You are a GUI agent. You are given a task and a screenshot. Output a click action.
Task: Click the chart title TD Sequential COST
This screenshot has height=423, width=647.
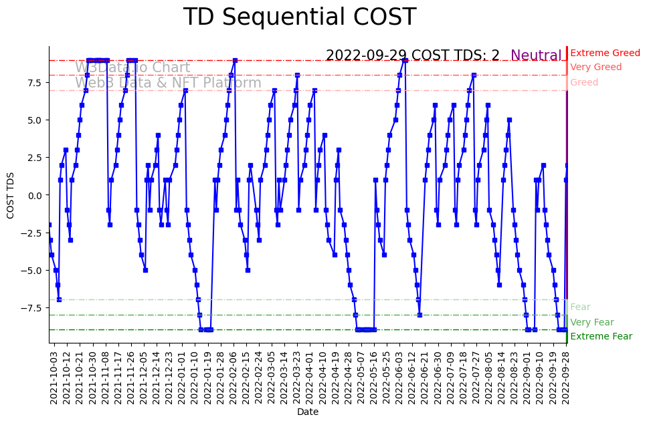click(299, 18)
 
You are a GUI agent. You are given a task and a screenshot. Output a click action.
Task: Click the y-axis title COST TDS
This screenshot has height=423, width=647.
click(10, 194)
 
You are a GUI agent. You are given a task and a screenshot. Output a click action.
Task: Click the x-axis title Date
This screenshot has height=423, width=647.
click(307, 412)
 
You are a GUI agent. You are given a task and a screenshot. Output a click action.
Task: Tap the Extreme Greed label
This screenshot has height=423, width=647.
click(605, 53)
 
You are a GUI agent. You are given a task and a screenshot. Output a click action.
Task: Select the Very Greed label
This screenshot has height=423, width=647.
click(595, 67)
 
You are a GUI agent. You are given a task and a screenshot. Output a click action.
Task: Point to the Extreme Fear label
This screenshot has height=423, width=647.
click(601, 337)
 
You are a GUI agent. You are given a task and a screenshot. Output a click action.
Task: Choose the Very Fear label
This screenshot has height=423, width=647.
click(591, 322)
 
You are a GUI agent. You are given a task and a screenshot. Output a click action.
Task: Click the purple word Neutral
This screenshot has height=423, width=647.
click(536, 56)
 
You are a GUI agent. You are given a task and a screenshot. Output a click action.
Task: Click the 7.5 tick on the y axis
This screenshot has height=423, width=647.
click(33, 83)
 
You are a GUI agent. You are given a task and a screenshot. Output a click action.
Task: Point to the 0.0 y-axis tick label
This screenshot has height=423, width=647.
click(33, 195)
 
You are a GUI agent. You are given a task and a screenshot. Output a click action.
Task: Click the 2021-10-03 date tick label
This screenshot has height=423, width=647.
click(54, 377)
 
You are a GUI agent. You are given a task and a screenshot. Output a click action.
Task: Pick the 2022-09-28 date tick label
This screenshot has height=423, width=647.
click(567, 377)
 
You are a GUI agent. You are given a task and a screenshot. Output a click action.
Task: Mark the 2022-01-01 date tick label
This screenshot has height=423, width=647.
click(182, 377)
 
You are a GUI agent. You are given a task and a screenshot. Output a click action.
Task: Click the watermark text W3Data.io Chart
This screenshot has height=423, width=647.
click(132, 68)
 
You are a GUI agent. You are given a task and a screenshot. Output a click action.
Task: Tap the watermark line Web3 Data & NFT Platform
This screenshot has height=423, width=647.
click(168, 83)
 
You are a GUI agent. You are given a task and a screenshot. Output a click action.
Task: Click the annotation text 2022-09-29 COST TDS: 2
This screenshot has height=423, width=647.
click(412, 56)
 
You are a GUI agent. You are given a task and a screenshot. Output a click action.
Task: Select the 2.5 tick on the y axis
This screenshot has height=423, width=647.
click(33, 158)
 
